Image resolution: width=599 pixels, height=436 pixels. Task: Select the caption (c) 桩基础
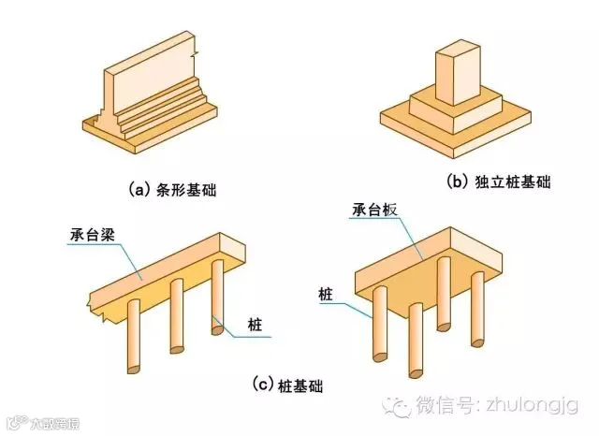pos(296,385)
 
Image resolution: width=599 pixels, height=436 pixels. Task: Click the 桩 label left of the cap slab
pos(329,294)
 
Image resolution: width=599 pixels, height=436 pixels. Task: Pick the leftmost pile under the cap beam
pos(133,337)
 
